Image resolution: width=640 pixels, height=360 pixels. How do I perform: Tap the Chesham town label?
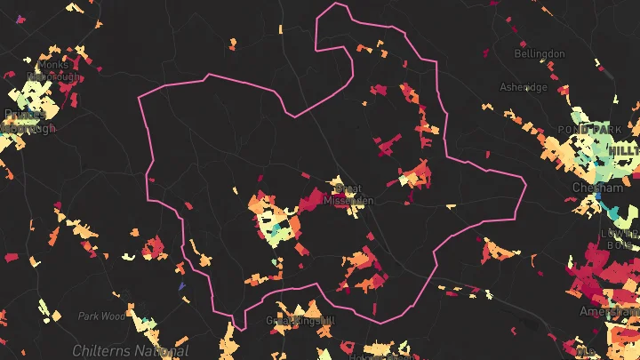pyautogui.click(x=590, y=188)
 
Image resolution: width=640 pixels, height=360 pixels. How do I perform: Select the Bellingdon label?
pyautogui.click(x=540, y=54)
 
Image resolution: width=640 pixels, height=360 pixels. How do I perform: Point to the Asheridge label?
pyautogui.click(x=524, y=87)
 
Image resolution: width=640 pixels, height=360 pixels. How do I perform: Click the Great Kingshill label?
pyautogui.click(x=302, y=320)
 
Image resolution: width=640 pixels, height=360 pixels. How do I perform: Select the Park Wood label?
pyautogui.click(x=100, y=316)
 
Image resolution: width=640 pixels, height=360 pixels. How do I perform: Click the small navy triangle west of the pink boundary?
pyautogui.click(x=181, y=286)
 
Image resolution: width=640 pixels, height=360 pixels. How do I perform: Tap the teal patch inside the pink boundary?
pyautogui.click(x=280, y=233)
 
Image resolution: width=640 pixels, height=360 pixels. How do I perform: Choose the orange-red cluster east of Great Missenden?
pyautogui.click(x=413, y=173)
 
